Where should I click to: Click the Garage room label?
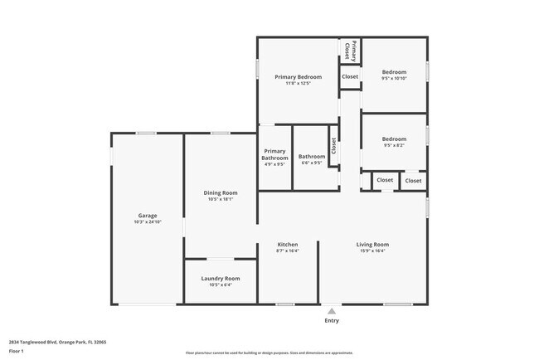148,216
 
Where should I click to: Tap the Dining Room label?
221,192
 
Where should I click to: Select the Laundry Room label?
221,278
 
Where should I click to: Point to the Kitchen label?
288,245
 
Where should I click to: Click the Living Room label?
372,245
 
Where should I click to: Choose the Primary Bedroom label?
298,76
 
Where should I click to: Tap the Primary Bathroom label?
274,154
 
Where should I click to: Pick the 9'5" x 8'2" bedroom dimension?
394,145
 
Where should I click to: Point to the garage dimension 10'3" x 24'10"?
148,222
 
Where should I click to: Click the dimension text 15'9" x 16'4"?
372,251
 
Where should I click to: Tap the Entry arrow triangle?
332,311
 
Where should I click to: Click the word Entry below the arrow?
332,320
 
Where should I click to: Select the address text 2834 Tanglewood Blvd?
58,341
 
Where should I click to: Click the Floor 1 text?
17,351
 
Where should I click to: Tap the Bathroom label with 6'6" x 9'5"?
312,157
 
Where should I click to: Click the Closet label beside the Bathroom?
333,146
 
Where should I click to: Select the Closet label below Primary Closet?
350,76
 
